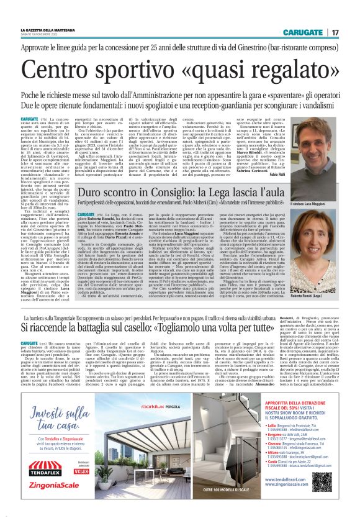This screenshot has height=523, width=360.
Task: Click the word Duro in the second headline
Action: (92, 190)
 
